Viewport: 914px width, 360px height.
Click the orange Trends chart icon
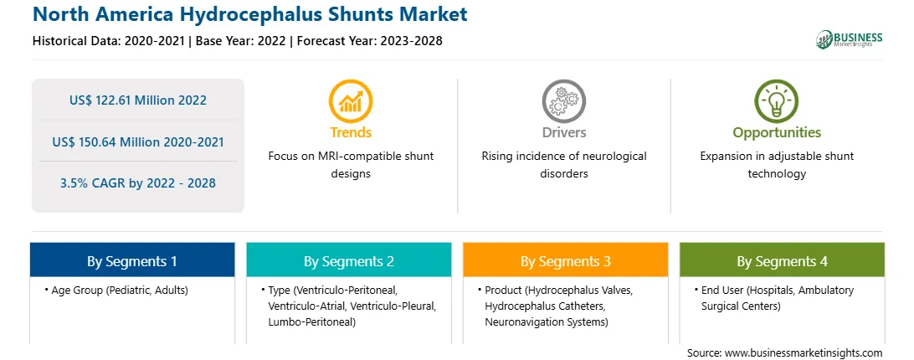point(351,100)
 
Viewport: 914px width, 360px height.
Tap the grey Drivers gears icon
point(563,100)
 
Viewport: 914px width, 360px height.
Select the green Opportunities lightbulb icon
point(777,100)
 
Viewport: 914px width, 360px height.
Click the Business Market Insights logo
point(850,39)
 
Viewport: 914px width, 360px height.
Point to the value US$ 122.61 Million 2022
point(138,100)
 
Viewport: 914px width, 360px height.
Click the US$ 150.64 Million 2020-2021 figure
point(138,141)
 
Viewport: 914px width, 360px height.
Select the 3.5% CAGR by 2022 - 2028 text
point(138,183)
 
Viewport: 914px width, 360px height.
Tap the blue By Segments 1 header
point(132,260)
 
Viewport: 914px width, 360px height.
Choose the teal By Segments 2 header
point(348,260)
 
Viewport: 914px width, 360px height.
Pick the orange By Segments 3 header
point(566,260)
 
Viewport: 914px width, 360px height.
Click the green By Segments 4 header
point(783,260)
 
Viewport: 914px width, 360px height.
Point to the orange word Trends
point(351,132)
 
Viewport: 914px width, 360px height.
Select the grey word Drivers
point(563,132)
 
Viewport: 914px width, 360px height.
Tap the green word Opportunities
point(777,132)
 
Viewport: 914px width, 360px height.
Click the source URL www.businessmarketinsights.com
point(804,353)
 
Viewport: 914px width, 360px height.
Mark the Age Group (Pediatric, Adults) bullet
point(116,290)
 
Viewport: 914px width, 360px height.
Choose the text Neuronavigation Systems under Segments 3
point(547,321)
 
